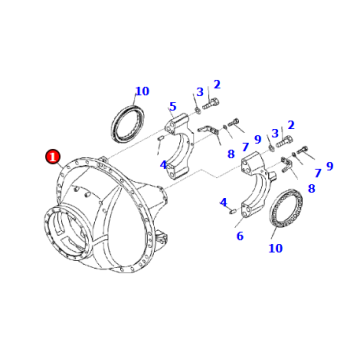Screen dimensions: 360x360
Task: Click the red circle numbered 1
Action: point(52,157)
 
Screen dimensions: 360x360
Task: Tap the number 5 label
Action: point(172,106)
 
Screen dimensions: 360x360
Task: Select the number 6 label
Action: point(240,236)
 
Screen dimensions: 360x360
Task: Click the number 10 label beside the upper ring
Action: point(142,91)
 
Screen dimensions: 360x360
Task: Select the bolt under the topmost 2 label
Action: point(212,104)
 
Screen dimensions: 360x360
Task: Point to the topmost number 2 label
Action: point(216,85)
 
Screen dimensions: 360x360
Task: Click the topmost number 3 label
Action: point(199,92)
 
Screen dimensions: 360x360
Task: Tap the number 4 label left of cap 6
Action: point(223,203)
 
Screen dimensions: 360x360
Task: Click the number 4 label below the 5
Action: point(164,165)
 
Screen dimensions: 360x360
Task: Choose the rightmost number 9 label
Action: point(329,167)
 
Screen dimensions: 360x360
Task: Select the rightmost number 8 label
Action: point(311,188)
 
